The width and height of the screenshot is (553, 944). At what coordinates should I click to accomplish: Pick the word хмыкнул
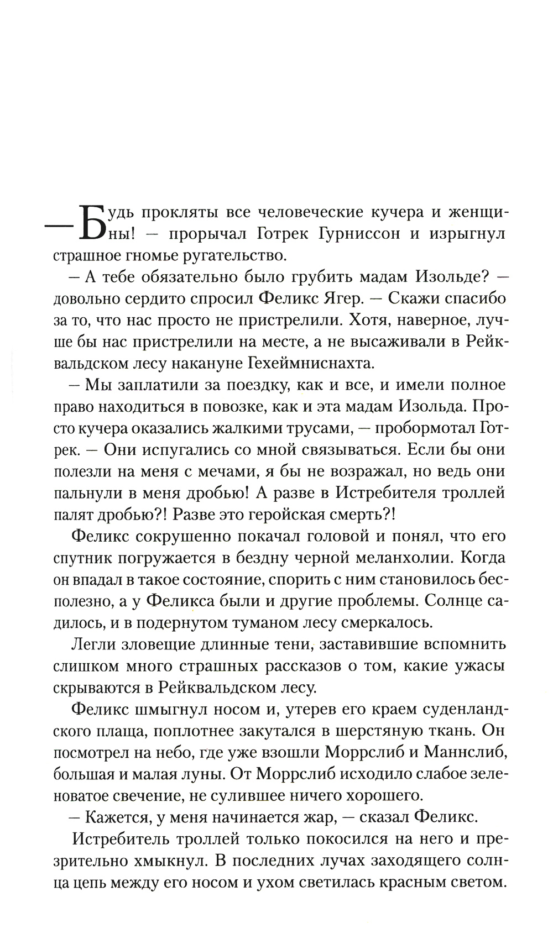166,861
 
